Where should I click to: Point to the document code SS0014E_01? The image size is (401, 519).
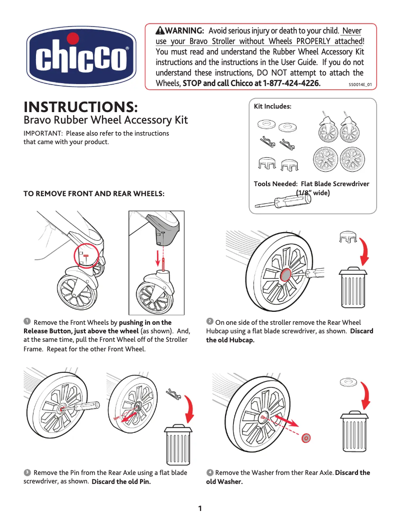tap(360, 85)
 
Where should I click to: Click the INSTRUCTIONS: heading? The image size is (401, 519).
tap(81, 107)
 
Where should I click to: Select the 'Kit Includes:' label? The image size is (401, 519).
tap(272, 106)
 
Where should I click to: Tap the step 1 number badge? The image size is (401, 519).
tap(26, 321)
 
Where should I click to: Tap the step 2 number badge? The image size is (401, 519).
tap(210, 321)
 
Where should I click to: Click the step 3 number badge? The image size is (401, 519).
tap(26, 472)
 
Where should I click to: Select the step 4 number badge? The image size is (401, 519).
tap(210, 472)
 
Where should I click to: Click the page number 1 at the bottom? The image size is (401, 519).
tap(200, 508)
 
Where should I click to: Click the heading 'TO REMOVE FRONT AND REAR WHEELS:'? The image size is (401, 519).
tap(94, 193)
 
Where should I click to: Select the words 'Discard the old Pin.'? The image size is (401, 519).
tap(121, 482)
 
